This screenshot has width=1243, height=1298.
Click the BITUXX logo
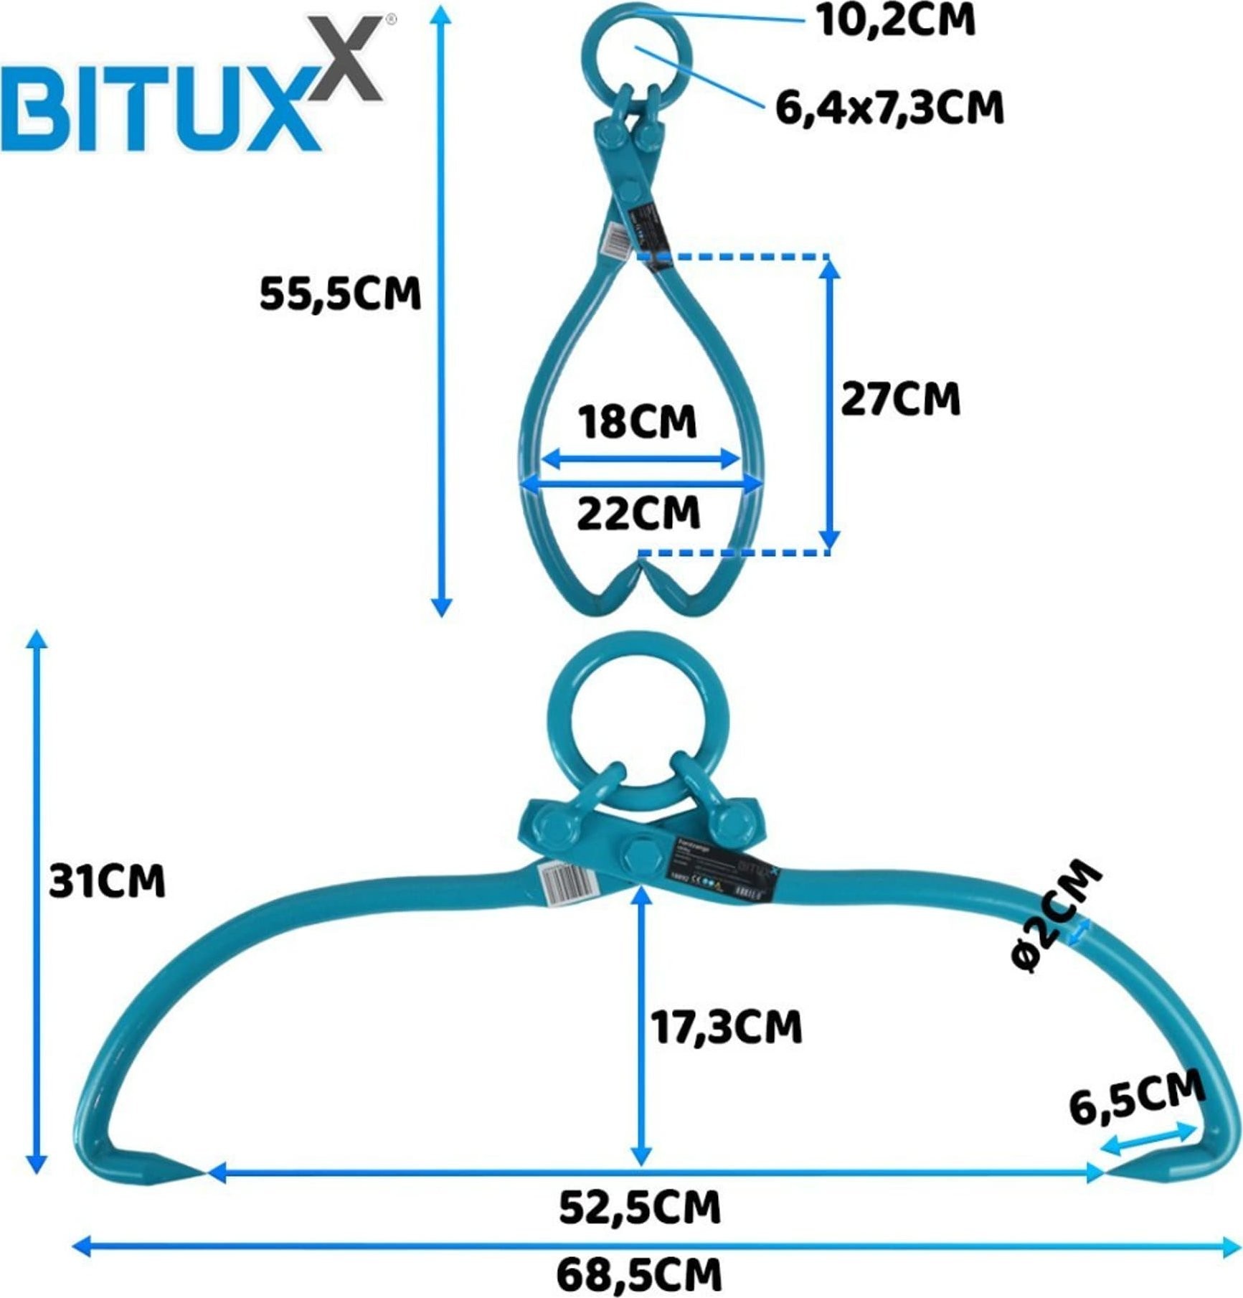point(194,90)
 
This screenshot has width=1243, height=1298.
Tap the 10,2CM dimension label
point(896,19)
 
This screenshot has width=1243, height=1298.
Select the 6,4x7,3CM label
point(889,108)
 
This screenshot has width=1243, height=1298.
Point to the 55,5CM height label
point(340,293)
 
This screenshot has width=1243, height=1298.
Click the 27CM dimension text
point(900,399)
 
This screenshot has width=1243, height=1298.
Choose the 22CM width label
point(638,513)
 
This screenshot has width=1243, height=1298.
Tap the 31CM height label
point(107,880)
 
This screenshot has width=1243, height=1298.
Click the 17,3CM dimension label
point(726,1027)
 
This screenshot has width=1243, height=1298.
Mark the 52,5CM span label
point(640,1208)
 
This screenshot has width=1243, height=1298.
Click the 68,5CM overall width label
point(639,1275)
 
